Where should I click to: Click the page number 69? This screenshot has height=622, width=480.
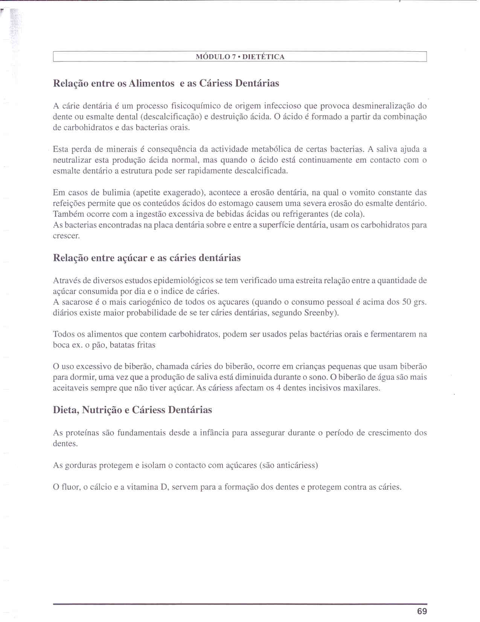click(422, 611)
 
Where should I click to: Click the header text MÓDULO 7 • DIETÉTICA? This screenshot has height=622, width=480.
click(240, 57)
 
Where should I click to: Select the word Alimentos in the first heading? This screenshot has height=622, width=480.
click(151, 83)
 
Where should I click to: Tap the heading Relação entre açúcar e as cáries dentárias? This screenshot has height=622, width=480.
click(147, 258)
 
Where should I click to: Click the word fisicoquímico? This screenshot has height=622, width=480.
click(196, 106)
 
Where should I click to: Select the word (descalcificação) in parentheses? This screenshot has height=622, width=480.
click(171, 117)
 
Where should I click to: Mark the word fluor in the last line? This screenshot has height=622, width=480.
click(69, 487)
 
